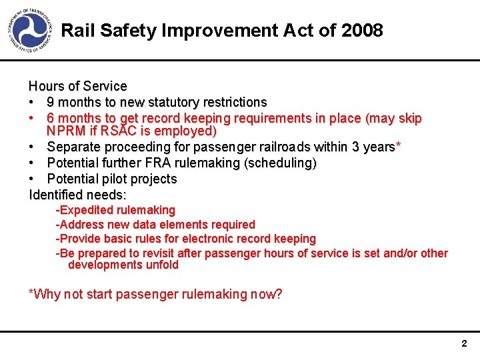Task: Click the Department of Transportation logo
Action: (31, 31)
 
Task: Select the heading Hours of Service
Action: (77, 86)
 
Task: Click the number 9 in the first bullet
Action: (51, 102)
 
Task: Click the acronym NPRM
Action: (65, 131)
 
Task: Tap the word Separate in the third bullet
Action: (73, 147)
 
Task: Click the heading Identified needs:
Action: (77, 195)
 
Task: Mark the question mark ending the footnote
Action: (279, 294)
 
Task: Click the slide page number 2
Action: (464, 344)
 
